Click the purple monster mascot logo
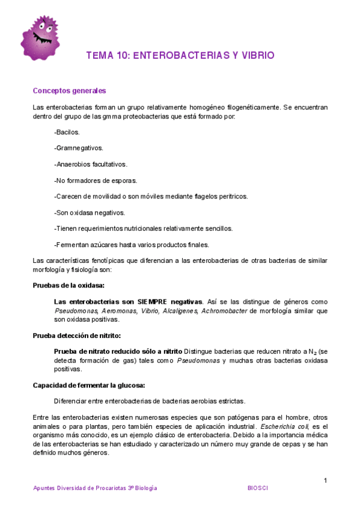click(40, 37)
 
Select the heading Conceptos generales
click(69, 91)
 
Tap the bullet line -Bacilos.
click(67, 131)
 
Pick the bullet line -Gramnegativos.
click(78, 147)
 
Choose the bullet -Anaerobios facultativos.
click(90, 164)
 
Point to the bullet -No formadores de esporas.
click(96, 180)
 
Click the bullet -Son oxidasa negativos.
click(90, 212)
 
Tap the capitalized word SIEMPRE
click(154, 301)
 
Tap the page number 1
click(325, 480)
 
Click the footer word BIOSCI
click(258, 488)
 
